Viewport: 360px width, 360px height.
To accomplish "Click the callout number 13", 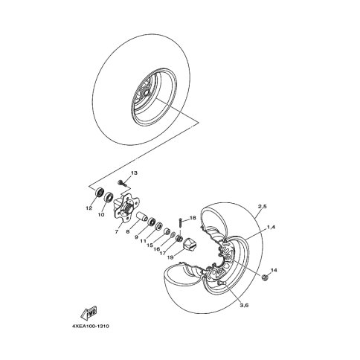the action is [134, 173].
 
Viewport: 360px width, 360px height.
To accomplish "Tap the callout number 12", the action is [89, 208].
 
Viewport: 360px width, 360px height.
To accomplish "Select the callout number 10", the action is [101, 215].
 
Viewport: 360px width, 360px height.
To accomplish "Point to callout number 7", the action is [117, 232].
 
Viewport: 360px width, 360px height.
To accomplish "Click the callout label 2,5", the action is [262, 207].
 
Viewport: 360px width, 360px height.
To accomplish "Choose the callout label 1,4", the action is [271, 227].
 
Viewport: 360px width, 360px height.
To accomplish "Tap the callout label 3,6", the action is [244, 305].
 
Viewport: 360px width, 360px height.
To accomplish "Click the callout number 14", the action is [274, 270].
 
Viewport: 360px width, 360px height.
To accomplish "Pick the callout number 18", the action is [193, 218].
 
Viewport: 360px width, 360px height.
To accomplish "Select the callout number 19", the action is [170, 257].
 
